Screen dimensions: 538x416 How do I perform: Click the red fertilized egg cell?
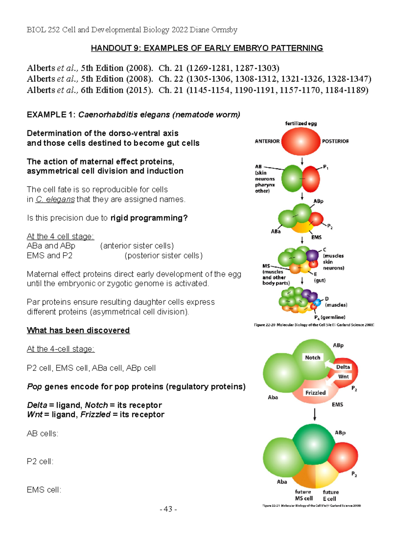301,141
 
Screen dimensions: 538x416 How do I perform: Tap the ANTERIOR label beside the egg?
267,141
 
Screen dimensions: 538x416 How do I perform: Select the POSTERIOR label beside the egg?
335,141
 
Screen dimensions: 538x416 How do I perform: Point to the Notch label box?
312,358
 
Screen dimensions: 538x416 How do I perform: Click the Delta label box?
343,367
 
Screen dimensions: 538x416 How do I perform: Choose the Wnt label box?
343,377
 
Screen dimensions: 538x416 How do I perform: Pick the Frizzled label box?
315,393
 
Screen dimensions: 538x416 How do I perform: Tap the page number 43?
168,509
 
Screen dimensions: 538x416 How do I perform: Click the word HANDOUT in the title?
111,48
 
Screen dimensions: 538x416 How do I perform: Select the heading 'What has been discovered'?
78,330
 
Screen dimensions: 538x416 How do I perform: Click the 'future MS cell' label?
304,495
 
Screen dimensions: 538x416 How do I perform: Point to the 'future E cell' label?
330,495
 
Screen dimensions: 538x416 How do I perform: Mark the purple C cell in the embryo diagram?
312,255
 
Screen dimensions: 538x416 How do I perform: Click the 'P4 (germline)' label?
330,317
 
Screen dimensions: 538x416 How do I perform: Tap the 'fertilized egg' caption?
301,123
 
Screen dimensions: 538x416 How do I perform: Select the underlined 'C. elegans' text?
55,200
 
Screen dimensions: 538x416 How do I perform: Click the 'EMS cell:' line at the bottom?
44,490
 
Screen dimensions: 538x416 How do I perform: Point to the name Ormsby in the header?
224,30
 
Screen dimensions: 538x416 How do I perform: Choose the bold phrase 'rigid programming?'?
149,218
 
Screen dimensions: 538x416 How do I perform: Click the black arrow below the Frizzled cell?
315,414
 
